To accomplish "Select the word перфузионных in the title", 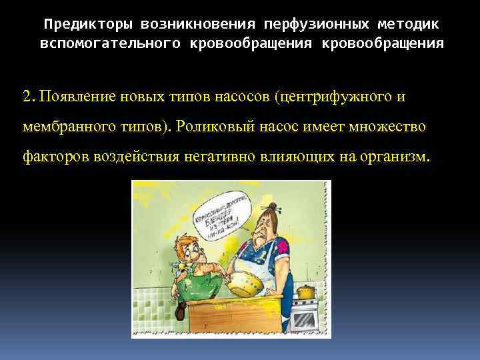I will pyautogui.click(x=309, y=25).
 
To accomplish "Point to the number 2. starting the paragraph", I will pyautogui.click(x=28, y=97).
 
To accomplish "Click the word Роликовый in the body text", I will pyautogui.click(x=212, y=127).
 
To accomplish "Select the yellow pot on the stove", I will pyautogui.click(x=305, y=291).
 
